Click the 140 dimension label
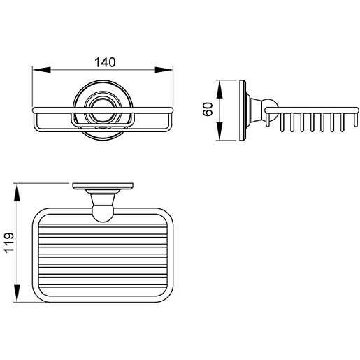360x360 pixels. tap(105, 62)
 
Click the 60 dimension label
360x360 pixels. tap(208, 109)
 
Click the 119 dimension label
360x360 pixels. tap(10, 243)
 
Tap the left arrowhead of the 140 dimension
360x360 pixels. tap(42, 70)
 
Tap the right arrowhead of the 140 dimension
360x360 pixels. tap(164, 70)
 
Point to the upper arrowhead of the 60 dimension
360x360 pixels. tap(219, 89)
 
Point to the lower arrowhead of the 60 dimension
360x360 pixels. tap(219, 131)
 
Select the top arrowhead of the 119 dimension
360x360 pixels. tap(17, 192)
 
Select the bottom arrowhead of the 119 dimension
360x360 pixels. tap(17, 293)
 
